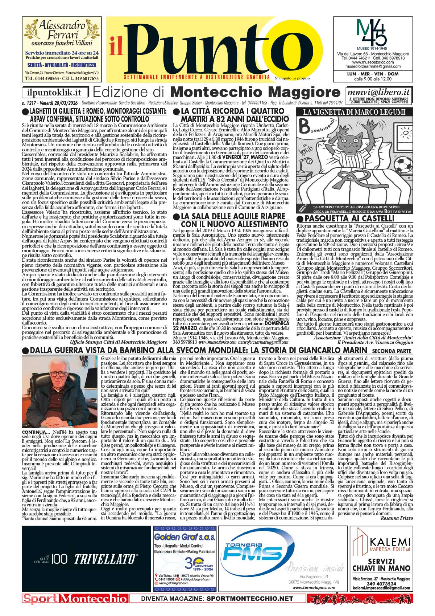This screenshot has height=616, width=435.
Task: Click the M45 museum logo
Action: (x=372, y=33)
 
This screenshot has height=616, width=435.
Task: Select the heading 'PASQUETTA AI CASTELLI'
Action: (x=349, y=219)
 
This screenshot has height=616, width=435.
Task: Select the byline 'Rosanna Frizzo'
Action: (x=397, y=518)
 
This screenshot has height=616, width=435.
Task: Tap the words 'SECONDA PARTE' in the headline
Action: (x=391, y=209)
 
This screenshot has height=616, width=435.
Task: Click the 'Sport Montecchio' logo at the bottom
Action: (x=75, y=599)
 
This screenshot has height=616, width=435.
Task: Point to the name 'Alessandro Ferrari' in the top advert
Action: (x=62, y=30)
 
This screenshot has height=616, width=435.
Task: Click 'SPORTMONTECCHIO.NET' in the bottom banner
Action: (x=250, y=599)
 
